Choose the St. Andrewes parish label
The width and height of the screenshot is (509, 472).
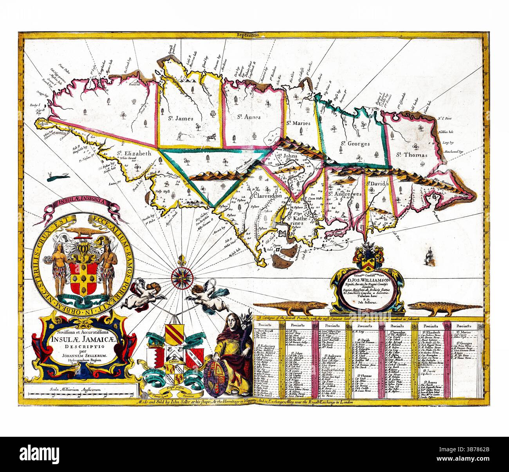pos(344,193)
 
